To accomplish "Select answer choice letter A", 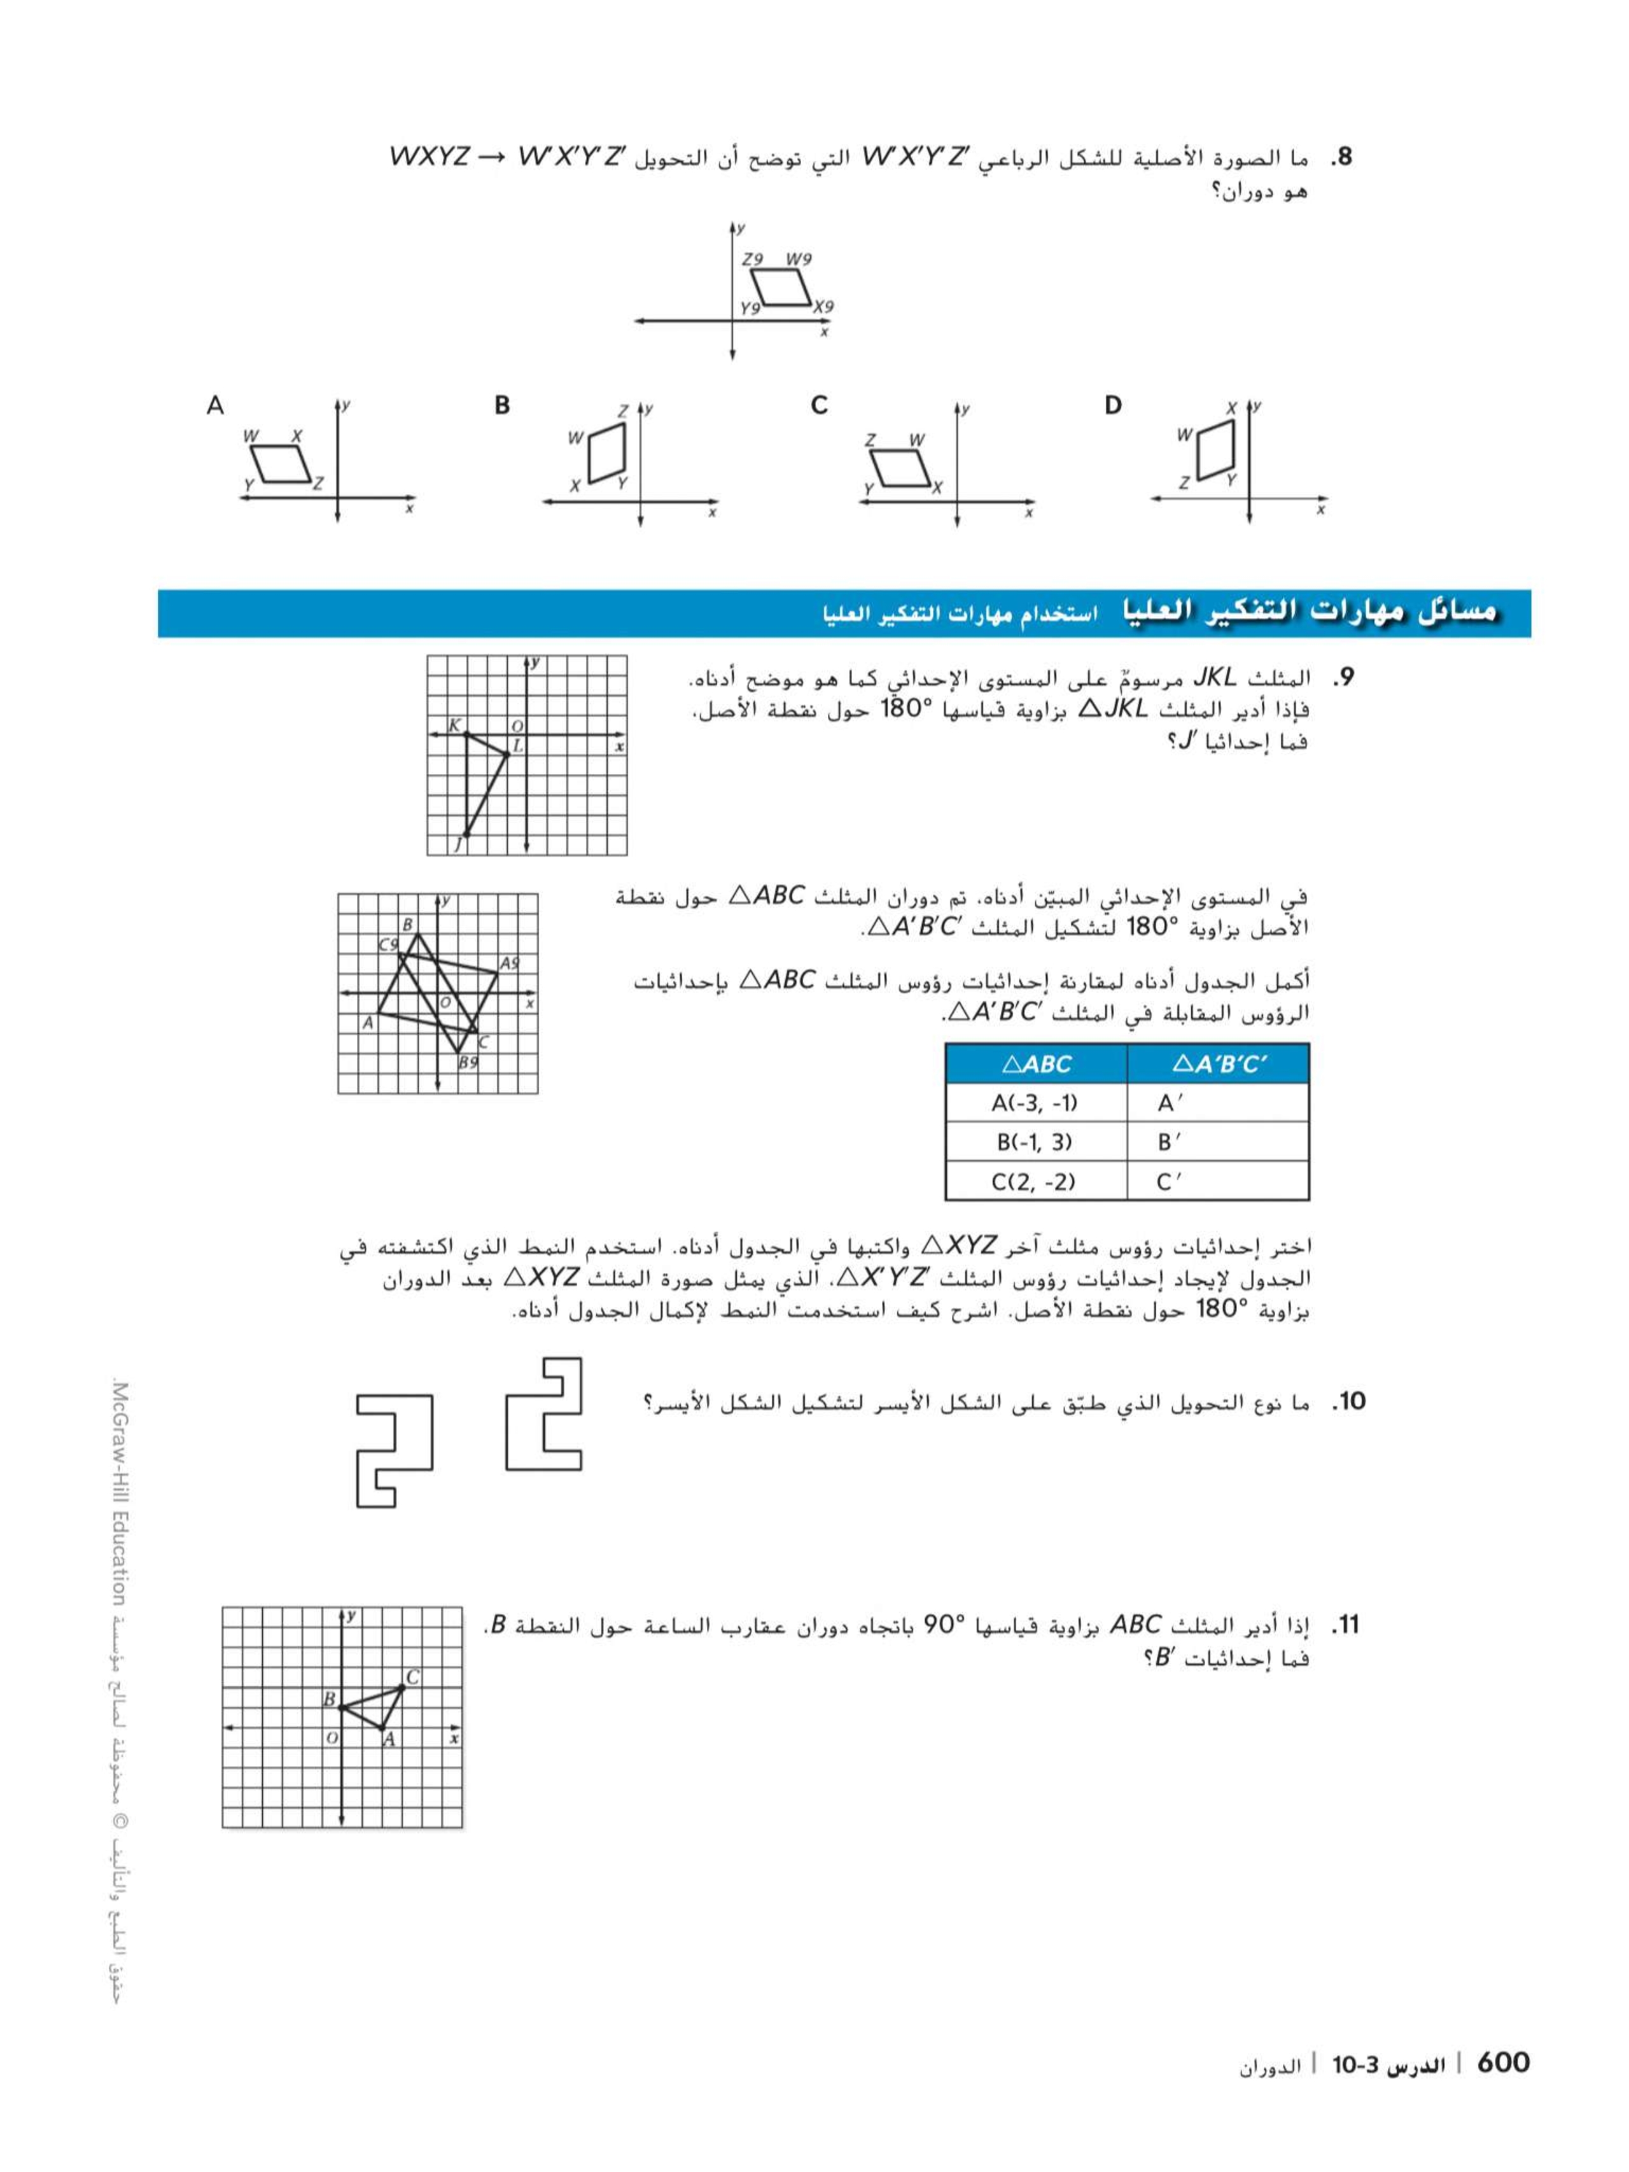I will click(215, 405).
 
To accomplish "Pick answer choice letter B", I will click(502, 405).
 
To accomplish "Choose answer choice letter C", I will click(819, 405).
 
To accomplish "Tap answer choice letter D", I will click(1112, 405).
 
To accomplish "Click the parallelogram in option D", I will click(1215, 450).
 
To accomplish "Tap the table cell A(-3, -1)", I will click(1035, 1103).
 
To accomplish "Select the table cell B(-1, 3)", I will click(1035, 1142).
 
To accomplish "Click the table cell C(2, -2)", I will click(1035, 1181).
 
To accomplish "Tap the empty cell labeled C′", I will click(1217, 1181).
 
